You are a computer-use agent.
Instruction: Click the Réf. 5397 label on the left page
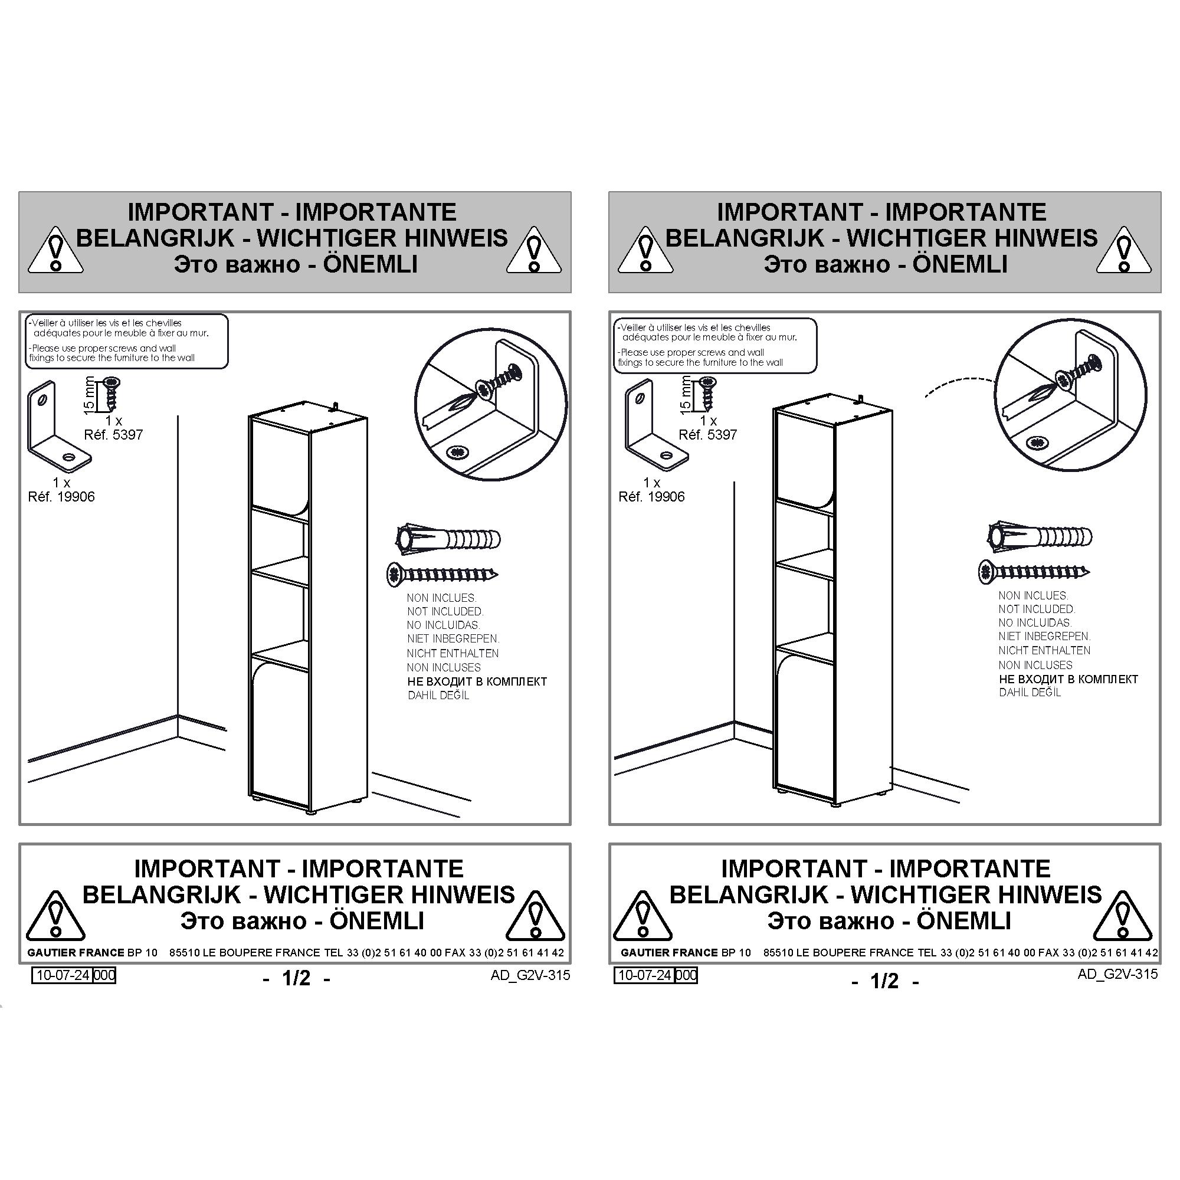pyautogui.click(x=113, y=435)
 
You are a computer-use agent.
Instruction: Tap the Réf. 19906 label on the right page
pyautogui.click(x=651, y=497)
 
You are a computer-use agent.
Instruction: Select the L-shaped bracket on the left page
pyautogui.click(x=58, y=427)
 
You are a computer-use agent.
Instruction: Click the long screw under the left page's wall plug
pyautogui.click(x=442, y=574)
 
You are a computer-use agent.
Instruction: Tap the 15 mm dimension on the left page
pyautogui.click(x=89, y=395)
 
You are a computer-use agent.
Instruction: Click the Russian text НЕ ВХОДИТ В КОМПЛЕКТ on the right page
pyautogui.click(x=1068, y=679)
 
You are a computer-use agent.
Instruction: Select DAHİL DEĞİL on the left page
pyautogui.click(x=438, y=695)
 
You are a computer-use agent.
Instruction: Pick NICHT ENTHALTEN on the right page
pyautogui.click(x=1044, y=650)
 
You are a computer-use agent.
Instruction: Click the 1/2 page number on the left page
pyautogui.click(x=297, y=978)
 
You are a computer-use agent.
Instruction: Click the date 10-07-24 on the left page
pyautogui.click(x=63, y=975)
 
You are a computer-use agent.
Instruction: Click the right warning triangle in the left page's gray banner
pyautogui.click(x=535, y=250)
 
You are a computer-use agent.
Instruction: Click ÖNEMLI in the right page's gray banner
pyautogui.click(x=959, y=264)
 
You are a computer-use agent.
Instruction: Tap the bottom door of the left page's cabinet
pyautogui.click(x=280, y=732)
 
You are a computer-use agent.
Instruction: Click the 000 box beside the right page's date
pyautogui.click(x=686, y=975)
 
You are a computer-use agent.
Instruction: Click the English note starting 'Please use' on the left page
pyautogui.click(x=112, y=353)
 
